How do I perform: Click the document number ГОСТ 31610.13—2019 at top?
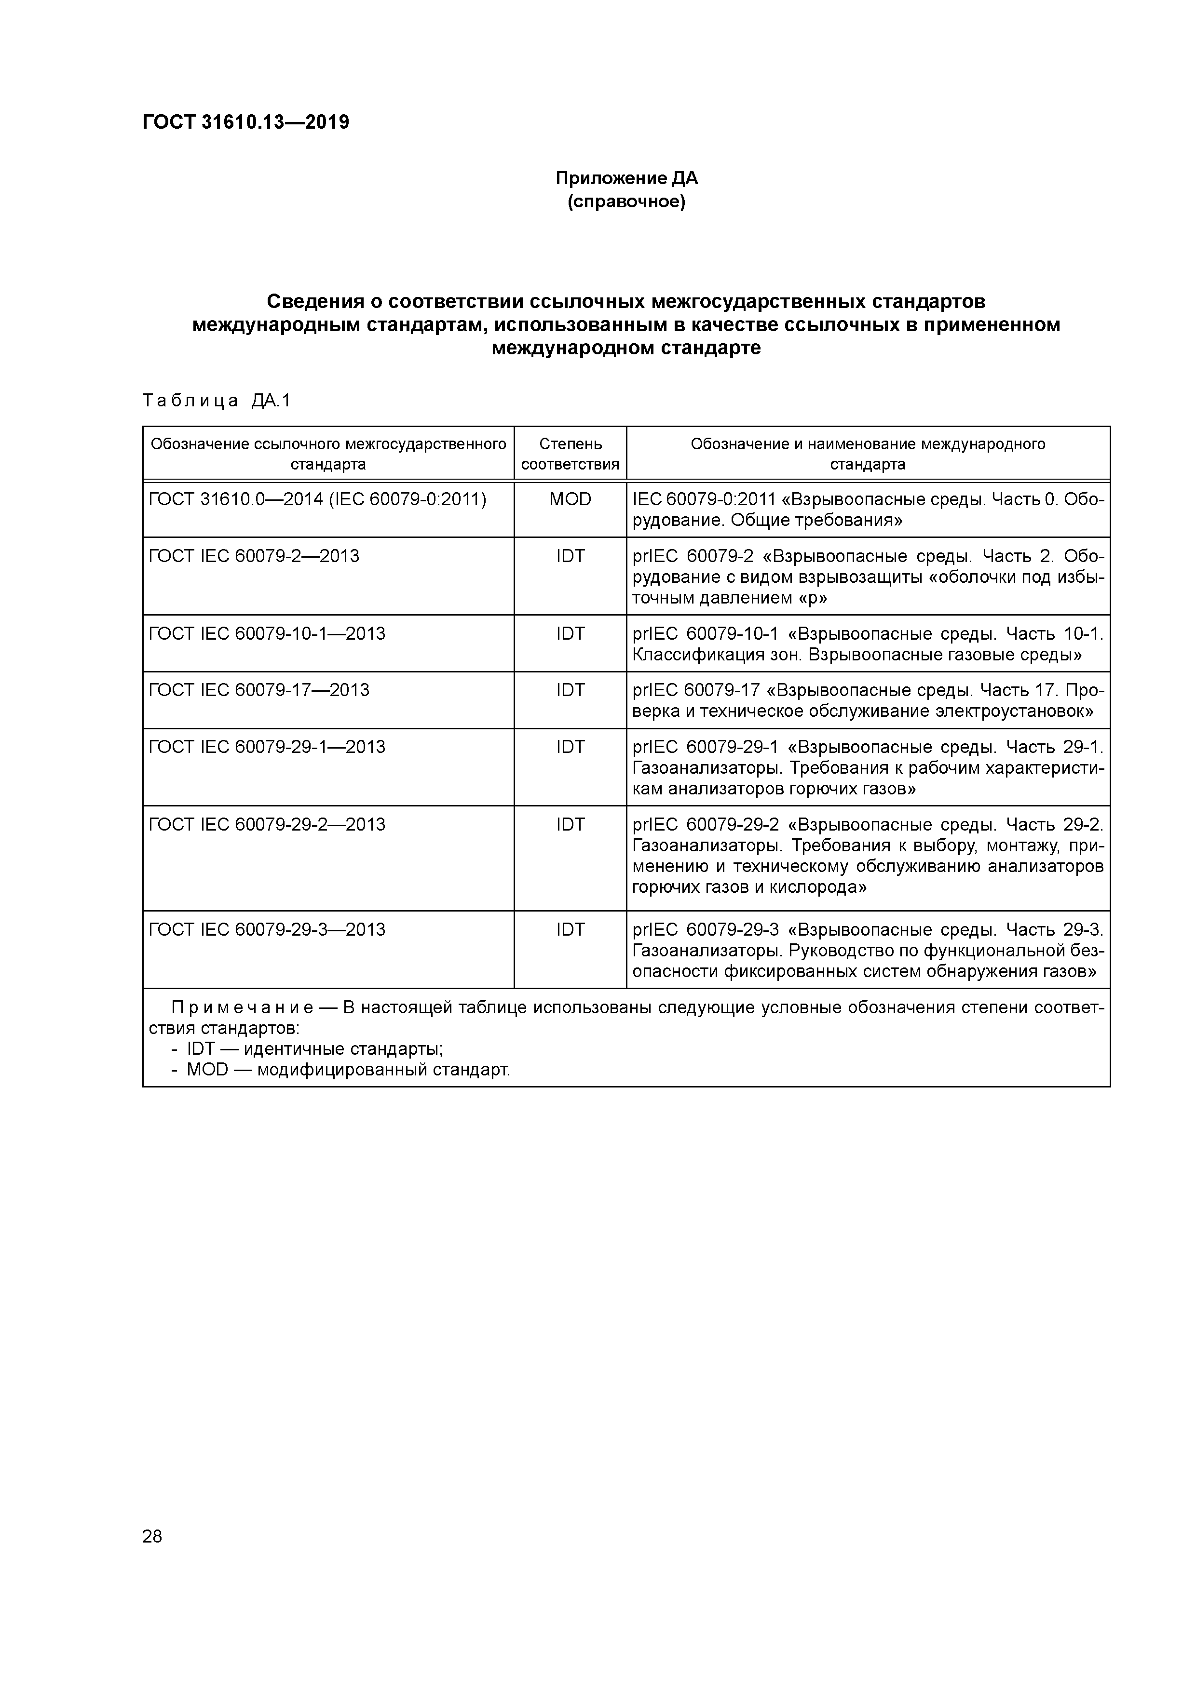[245, 122]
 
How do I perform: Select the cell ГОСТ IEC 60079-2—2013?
[254, 556]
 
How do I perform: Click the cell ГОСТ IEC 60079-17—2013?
[259, 690]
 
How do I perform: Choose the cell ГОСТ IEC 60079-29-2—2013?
[267, 824]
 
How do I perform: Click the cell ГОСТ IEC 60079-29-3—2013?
[267, 929]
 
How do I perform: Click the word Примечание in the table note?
[243, 1007]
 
